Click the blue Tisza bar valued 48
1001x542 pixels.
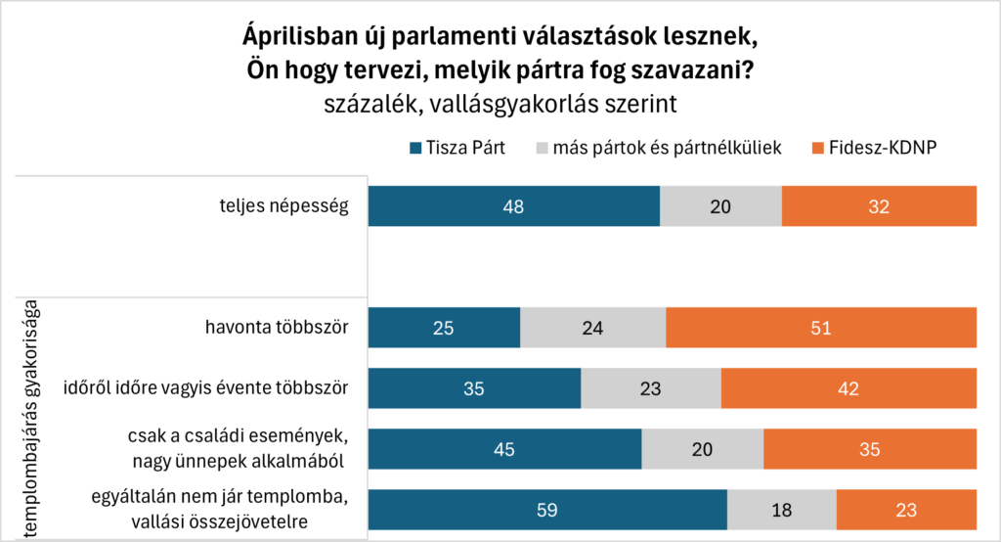pyautogui.click(x=513, y=205)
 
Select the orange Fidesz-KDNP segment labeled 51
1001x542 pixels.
pyautogui.click(x=820, y=327)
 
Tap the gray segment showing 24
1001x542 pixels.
pyautogui.click(x=592, y=327)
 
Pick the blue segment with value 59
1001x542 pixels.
pyautogui.click(x=547, y=509)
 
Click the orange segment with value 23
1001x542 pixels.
pyautogui.click(x=906, y=509)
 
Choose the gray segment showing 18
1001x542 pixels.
pyautogui.click(x=782, y=509)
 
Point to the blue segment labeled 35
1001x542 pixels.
pyautogui.click(x=474, y=387)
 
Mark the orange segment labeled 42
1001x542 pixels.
pyautogui.click(x=849, y=387)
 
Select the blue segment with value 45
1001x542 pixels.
pyautogui.click(x=504, y=448)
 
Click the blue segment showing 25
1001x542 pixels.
pyautogui.click(x=444, y=327)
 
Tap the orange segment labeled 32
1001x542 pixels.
pyautogui.click(x=879, y=205)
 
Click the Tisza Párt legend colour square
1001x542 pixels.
pyautogui.click(x=415, y=149)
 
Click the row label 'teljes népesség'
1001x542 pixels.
pyautogui.click(x=283, y=205)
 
